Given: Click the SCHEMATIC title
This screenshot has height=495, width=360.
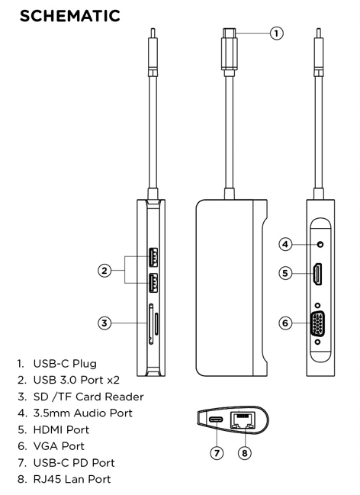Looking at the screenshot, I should [x=70, y=16].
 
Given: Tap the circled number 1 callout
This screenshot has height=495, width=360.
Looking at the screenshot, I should [x=276, y=33].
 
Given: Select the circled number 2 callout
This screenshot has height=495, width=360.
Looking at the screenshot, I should [x=105, y=270].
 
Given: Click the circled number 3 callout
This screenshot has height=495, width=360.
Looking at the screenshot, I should [x=105, y=322].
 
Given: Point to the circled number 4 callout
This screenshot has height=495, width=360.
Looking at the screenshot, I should [x=284, y=244].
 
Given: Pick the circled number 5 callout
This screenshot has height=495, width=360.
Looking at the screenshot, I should [x=284, y=272].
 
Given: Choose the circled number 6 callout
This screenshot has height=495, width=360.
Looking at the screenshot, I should [x=284, y=323].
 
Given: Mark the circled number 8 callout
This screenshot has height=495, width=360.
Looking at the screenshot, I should [x=244, y=453].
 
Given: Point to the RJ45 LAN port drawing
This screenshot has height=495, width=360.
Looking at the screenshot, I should [x=243, y=419].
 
